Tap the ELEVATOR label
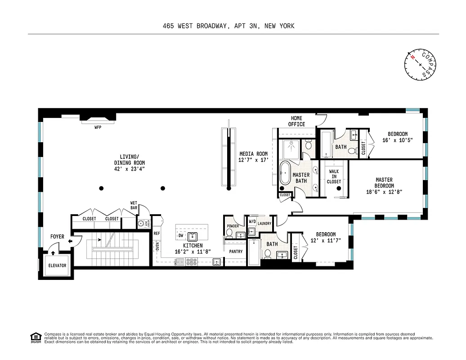(57, 265)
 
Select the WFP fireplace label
(98, 127)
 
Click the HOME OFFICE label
(296, 121)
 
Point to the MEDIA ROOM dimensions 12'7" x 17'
(253, 160)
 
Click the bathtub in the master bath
(285, 173)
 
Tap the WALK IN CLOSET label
(334, 176)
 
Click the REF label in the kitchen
(157, 234)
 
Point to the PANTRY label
(236, 252)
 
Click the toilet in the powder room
(229, 233)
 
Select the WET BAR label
(134, 205)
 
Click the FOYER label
(57, 237)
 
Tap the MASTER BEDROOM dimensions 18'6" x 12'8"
(384, 192)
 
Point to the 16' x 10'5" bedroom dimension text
(398, 140)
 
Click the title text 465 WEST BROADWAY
(197, 26)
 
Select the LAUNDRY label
(264, 222)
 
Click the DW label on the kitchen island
(180, 235)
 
